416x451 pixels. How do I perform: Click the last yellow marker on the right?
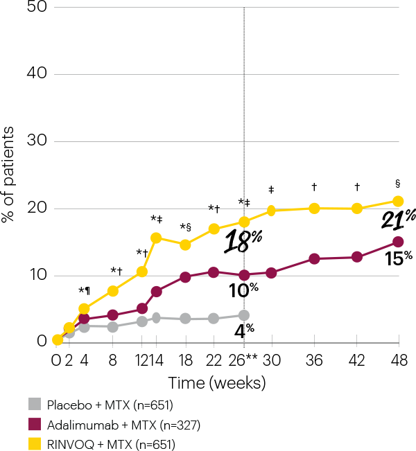click(x=398, y=201)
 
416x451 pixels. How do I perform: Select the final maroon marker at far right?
click(x=398, y=242)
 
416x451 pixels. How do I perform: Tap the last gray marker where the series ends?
click(x=243, y=315)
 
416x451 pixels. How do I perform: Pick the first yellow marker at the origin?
click(x=58, y=339)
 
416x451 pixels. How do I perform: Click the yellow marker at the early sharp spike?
click(x=156, y=238)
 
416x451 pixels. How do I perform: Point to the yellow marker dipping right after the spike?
click(x=185, y=245)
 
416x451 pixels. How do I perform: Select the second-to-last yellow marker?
click(x=357, y=209)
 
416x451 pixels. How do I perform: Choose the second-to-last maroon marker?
click(x=357, y=257)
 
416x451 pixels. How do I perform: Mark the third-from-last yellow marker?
click(x=314, y=209)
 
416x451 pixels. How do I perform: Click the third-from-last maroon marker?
click(x=314, y=258)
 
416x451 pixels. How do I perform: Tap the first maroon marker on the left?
click(x=84, y=319)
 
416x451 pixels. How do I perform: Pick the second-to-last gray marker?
click(x=214, y=318)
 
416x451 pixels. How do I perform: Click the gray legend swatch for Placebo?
click(x=35, y=405)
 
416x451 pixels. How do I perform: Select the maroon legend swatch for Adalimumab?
click(x=35, y=424)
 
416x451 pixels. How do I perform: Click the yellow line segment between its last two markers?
click(x=378, y=205)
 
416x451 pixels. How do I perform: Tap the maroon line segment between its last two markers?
click(x=378, y=249)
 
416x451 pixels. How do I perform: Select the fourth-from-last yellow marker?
click(x=271, y=211)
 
